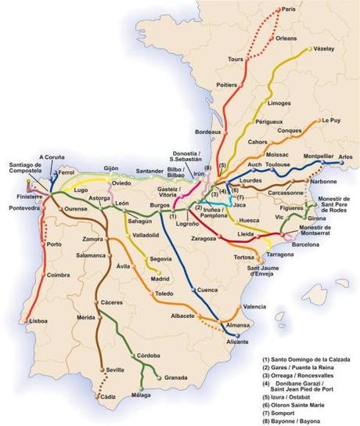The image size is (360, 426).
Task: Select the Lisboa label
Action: pos(38,321)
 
